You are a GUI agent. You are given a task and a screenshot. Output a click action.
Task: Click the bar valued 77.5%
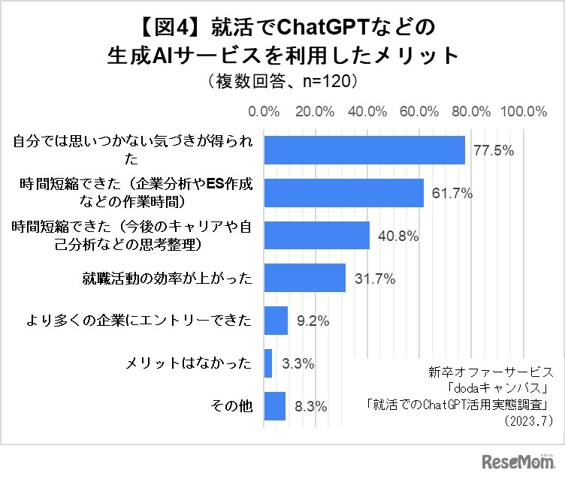(364, 150)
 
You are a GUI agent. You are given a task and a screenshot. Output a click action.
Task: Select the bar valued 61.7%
(344, 193)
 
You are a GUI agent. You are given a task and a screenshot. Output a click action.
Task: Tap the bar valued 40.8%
(317, 235)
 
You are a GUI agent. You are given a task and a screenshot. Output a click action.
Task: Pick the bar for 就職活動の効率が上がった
(305, 278)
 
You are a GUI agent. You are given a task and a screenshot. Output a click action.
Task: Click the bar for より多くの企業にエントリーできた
(276, 321)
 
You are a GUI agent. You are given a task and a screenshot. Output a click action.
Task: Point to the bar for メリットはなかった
(268, 363)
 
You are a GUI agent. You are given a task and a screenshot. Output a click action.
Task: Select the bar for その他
(275, 406)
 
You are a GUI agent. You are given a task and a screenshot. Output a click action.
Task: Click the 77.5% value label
(494, 151)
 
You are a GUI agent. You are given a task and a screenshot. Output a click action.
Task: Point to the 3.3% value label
(298, 364)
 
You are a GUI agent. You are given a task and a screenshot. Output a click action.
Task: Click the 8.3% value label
(310, 407)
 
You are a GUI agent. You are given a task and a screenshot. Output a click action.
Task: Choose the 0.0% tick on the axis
(264, 111)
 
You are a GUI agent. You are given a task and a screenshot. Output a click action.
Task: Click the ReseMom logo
(512, 459)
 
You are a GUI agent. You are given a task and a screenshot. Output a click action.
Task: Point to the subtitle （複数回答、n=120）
(282, 79)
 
